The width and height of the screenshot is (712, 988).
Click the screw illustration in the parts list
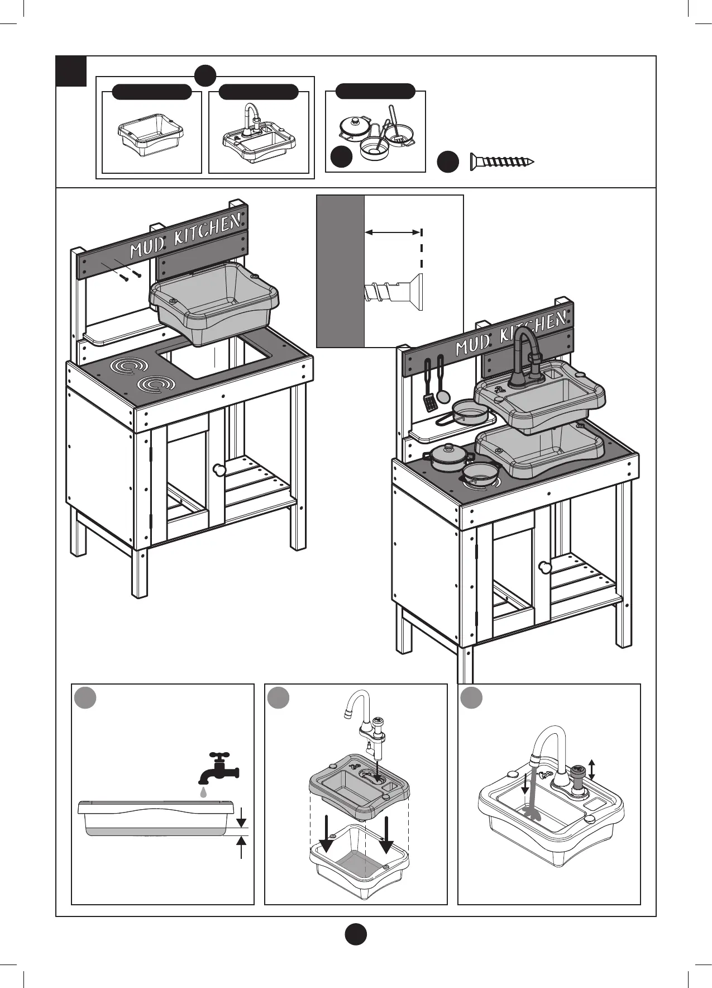pyautogui.click(x=501, y=162)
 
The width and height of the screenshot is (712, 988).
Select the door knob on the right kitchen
pyautogui.click(x=544, y=567)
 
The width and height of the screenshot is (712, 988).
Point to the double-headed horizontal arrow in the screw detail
pyautogui.click(x=393, y=232)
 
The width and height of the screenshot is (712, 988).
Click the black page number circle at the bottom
pyautogui.click(x=355, y=934)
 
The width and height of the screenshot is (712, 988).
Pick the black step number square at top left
pyautogui.click(x=71, y=71)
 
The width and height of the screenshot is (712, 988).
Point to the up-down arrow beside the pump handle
pyautogui.click(x=592, y=770)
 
